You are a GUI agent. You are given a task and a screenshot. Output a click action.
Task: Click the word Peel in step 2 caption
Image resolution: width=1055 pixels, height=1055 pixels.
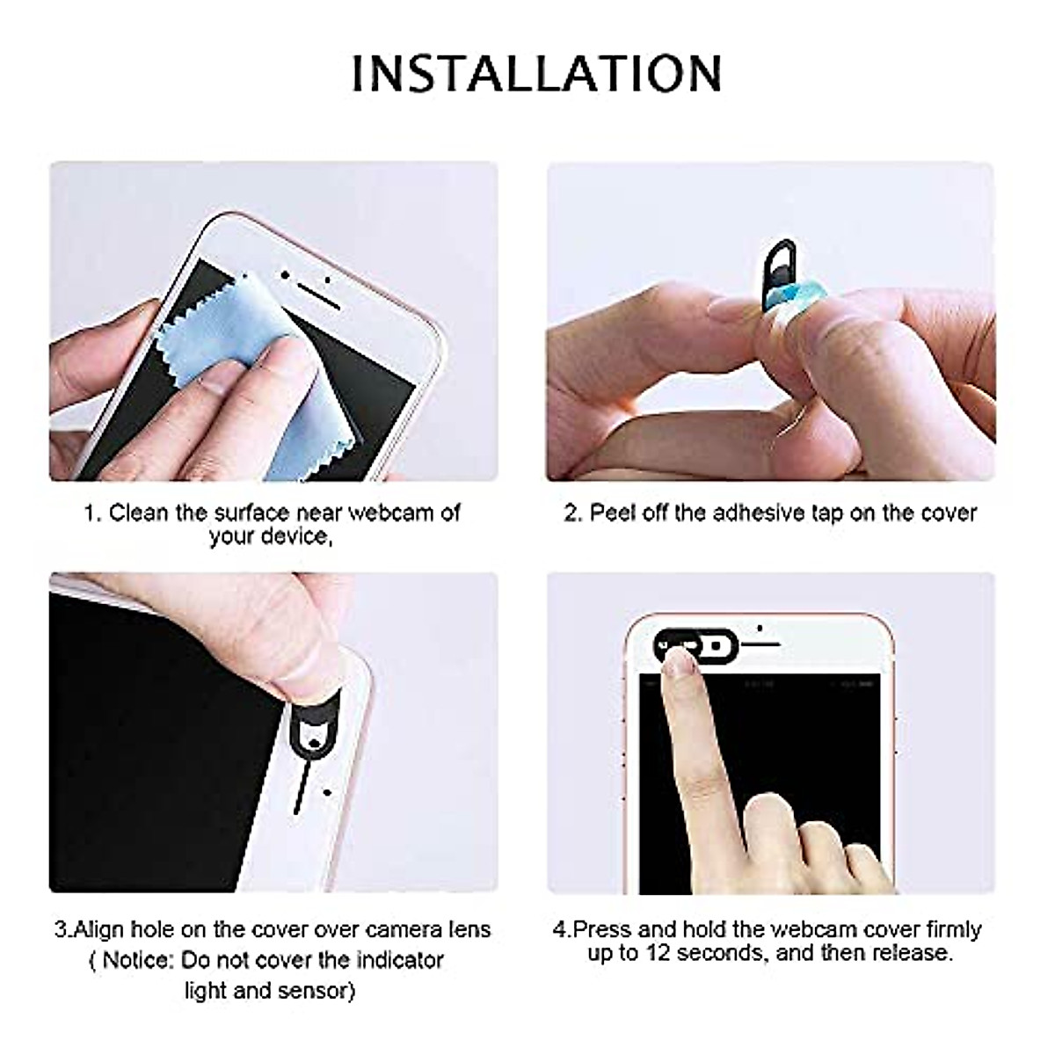point(612,513)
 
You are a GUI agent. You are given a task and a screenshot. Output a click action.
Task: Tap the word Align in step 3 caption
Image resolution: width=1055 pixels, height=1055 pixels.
point(99,930)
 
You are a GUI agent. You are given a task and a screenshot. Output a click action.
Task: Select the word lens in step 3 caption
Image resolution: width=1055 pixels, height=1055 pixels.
point(467,930)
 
